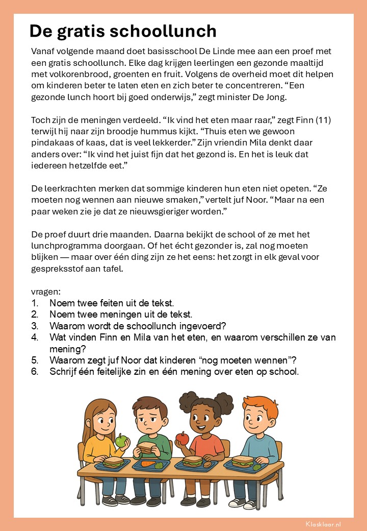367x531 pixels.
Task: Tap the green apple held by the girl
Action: coord(121,441)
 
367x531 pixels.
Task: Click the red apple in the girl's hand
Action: coord(182,438)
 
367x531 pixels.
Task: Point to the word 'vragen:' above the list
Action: coord(46,292)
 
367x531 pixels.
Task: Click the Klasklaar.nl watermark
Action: coord(324,524)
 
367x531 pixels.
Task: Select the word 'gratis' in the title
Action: coord(76,31)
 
